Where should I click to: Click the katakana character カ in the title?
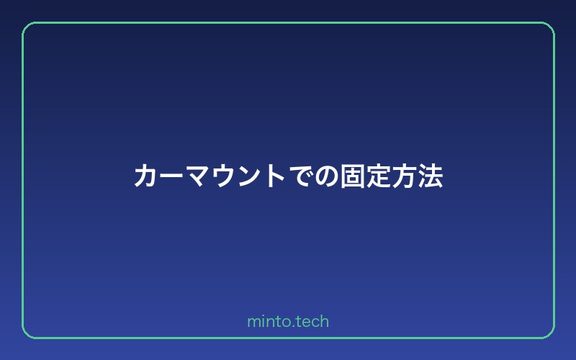coord(146,176)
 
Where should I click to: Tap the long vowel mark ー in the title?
coord(172,176)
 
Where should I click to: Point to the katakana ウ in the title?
coord(224,176)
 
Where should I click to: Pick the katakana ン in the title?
coord(249,176)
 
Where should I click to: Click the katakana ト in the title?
coord(276,176)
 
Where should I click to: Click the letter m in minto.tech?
coord(253,322)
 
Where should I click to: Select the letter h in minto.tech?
coord(324,321)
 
